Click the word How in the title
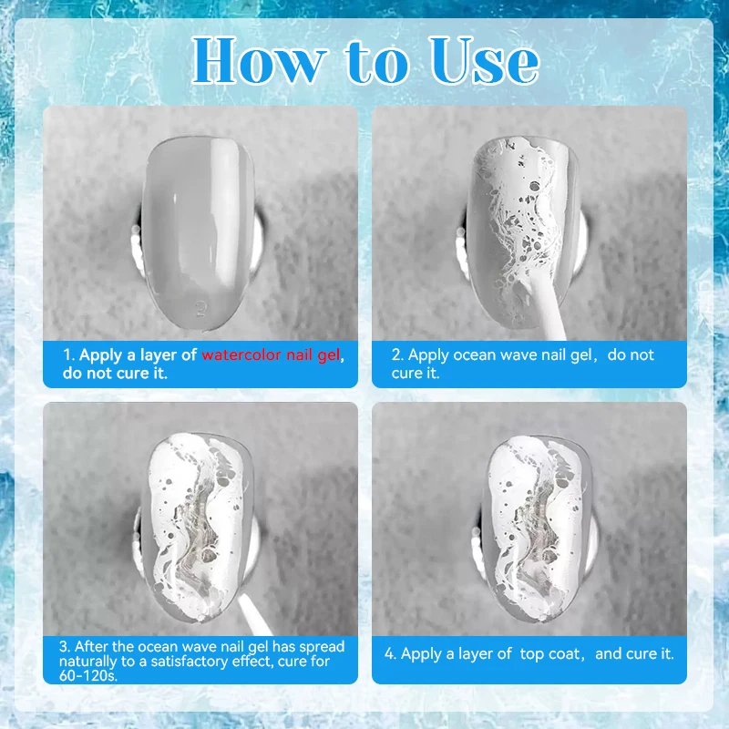[259, 61]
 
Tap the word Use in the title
[484, 61]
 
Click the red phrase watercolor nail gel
[271, 355]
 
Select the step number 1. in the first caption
[69, 355]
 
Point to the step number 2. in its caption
[398, 355]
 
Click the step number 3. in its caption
[65, 647]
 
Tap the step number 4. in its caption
[391, 653]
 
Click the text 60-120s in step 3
[88, 675]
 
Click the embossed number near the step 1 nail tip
[200, 308]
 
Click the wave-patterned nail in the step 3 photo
[199, 528]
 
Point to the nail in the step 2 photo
[524, 232]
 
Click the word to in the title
[377, 62]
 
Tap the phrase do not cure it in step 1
[115, 374]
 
